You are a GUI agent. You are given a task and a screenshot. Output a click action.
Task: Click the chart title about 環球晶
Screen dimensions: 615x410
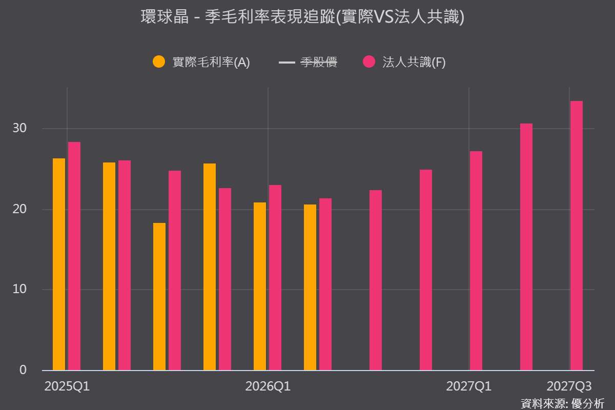click(302, 17)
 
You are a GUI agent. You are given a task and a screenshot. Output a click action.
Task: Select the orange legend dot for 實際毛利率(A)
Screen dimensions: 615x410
click(159, 61)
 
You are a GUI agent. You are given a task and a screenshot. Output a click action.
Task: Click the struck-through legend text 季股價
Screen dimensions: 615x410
click(318, 62)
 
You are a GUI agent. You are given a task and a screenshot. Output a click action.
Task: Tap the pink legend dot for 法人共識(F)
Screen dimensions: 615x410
click(369, 61)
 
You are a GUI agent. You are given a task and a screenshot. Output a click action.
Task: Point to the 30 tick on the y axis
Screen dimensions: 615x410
click(19, 128)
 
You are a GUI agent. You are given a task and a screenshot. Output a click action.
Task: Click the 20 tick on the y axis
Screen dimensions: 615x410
click(19, 209)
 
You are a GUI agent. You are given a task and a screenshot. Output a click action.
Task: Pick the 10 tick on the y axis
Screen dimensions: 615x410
click(19, 289)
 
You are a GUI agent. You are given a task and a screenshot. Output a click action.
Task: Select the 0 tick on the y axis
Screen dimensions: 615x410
click(23, 370)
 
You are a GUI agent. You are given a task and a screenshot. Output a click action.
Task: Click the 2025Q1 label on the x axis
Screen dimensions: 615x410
click(67, 386)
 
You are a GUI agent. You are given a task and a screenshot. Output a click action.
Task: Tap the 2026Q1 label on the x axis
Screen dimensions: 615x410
click(268, 386)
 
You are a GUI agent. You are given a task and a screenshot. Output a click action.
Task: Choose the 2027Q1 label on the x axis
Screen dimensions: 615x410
click(468, 386)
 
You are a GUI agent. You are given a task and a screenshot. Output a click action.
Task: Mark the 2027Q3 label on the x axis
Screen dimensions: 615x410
click(569, 386)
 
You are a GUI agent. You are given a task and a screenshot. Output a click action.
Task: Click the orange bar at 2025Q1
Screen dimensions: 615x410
click(59, 264)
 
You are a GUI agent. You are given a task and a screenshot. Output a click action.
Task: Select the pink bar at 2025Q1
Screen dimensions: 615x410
click(74, 256)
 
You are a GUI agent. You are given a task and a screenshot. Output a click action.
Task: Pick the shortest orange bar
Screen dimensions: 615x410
click(159, 297)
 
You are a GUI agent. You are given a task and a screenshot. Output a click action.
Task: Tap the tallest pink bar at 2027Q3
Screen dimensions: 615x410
click(577, 236)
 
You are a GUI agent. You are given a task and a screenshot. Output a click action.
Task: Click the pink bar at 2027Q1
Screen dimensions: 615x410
click(476, 261)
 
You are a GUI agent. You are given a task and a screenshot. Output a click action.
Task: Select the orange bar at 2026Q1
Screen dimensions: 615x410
click(260, 286)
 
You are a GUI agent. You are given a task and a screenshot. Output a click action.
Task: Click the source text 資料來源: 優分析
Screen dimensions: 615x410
click(563, 404)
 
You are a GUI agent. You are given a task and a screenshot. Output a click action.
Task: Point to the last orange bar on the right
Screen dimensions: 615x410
click(310, 287)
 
